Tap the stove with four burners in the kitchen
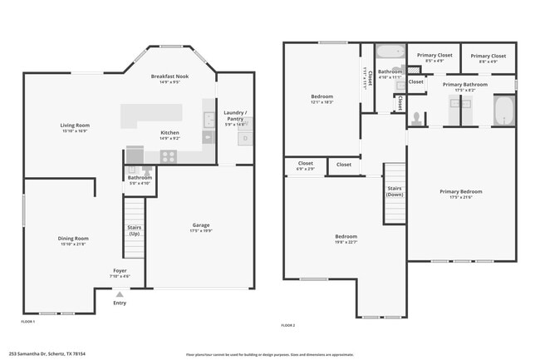tap(169, 155)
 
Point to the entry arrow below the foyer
tap(120, 294)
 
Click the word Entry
tap(120, 303)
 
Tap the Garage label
tap(200, 224)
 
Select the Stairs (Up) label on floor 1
tap(134, 230)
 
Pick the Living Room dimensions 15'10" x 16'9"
tap(74, 131)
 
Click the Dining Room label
tap(74, 239)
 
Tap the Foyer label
tap(120, 270)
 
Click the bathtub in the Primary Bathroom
tap(503, 111)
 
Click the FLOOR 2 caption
tap(288, 324)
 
